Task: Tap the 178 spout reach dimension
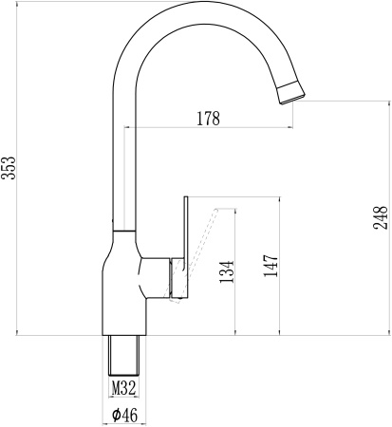tap(208, 119)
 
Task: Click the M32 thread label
tap(124, 387)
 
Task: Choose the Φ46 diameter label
tap(125, 415)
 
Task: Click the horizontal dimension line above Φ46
tap(125, 402)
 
